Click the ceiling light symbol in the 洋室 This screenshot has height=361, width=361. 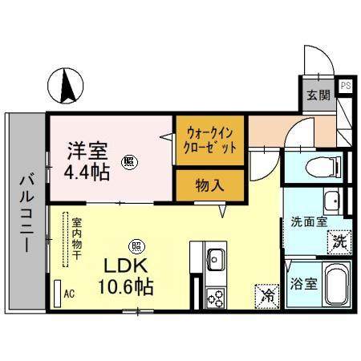(128, 161)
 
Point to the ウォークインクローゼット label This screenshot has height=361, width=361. (212, 141)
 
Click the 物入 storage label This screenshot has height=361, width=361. (211, 185)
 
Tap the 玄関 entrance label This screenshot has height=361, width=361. (317, 95)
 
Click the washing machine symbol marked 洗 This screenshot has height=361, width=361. (340, 239)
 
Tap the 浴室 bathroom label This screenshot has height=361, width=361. (302, 283)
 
